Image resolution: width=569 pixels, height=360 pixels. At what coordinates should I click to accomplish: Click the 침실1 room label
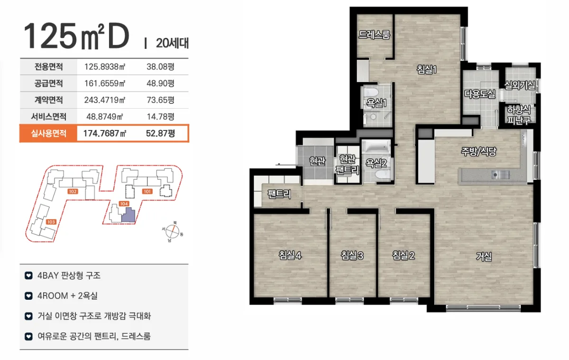426,69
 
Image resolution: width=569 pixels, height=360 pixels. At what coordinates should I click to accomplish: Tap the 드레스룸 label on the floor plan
374,35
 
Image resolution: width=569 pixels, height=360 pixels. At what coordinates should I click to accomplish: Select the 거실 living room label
484,256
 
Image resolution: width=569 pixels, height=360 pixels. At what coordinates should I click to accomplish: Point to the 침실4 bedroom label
290,255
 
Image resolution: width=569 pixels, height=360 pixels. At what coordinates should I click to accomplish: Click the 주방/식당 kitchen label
478,152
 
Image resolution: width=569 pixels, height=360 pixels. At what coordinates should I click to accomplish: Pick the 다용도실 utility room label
480,94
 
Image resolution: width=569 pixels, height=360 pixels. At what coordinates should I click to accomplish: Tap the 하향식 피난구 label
519,115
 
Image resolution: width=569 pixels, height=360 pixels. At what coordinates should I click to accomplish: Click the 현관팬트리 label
347,165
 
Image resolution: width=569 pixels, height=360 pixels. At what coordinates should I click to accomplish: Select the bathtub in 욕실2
376,147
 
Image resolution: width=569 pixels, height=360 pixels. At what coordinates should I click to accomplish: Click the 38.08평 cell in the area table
160,66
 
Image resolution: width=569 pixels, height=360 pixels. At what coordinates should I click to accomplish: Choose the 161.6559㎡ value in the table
105,83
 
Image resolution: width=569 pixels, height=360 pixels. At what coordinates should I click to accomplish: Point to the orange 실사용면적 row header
48,133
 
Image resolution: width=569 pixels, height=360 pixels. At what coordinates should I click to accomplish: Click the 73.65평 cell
160,100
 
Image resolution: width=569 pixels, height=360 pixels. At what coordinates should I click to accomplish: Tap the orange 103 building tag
51,222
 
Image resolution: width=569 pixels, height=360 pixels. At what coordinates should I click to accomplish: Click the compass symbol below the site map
173,231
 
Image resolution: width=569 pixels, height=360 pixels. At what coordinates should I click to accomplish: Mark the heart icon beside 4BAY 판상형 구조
28,276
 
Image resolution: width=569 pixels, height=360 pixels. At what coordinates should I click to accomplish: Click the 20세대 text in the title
172,43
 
